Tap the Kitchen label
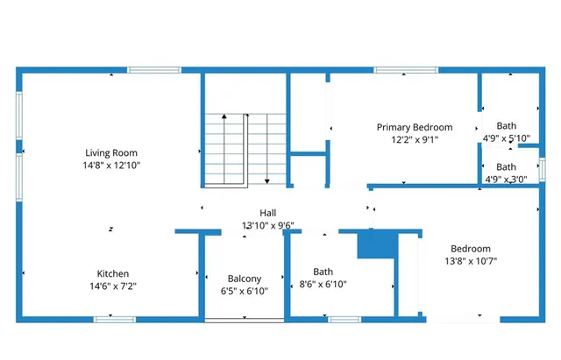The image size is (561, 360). coord(113,273)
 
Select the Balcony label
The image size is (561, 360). coord(245,279)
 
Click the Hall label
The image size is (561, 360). coord(268,213)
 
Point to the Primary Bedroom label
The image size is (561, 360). coord(415,127)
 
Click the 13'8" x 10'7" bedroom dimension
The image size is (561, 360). coord(471,260)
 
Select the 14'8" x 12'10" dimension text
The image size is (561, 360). coord(111,165)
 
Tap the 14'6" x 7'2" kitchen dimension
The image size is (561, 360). coord(113,286)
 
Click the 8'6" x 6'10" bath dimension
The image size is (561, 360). coord(323,284)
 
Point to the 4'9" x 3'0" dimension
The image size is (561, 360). coord(506,179)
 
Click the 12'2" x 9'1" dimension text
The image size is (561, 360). coord(415,138)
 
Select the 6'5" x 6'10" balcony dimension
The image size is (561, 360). coord(245,291)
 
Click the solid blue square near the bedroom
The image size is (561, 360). coord(378,244)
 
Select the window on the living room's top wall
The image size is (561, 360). coord(154,70)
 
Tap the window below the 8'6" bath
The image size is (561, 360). coord(344,320)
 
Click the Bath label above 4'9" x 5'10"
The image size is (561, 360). coord(506,125)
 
